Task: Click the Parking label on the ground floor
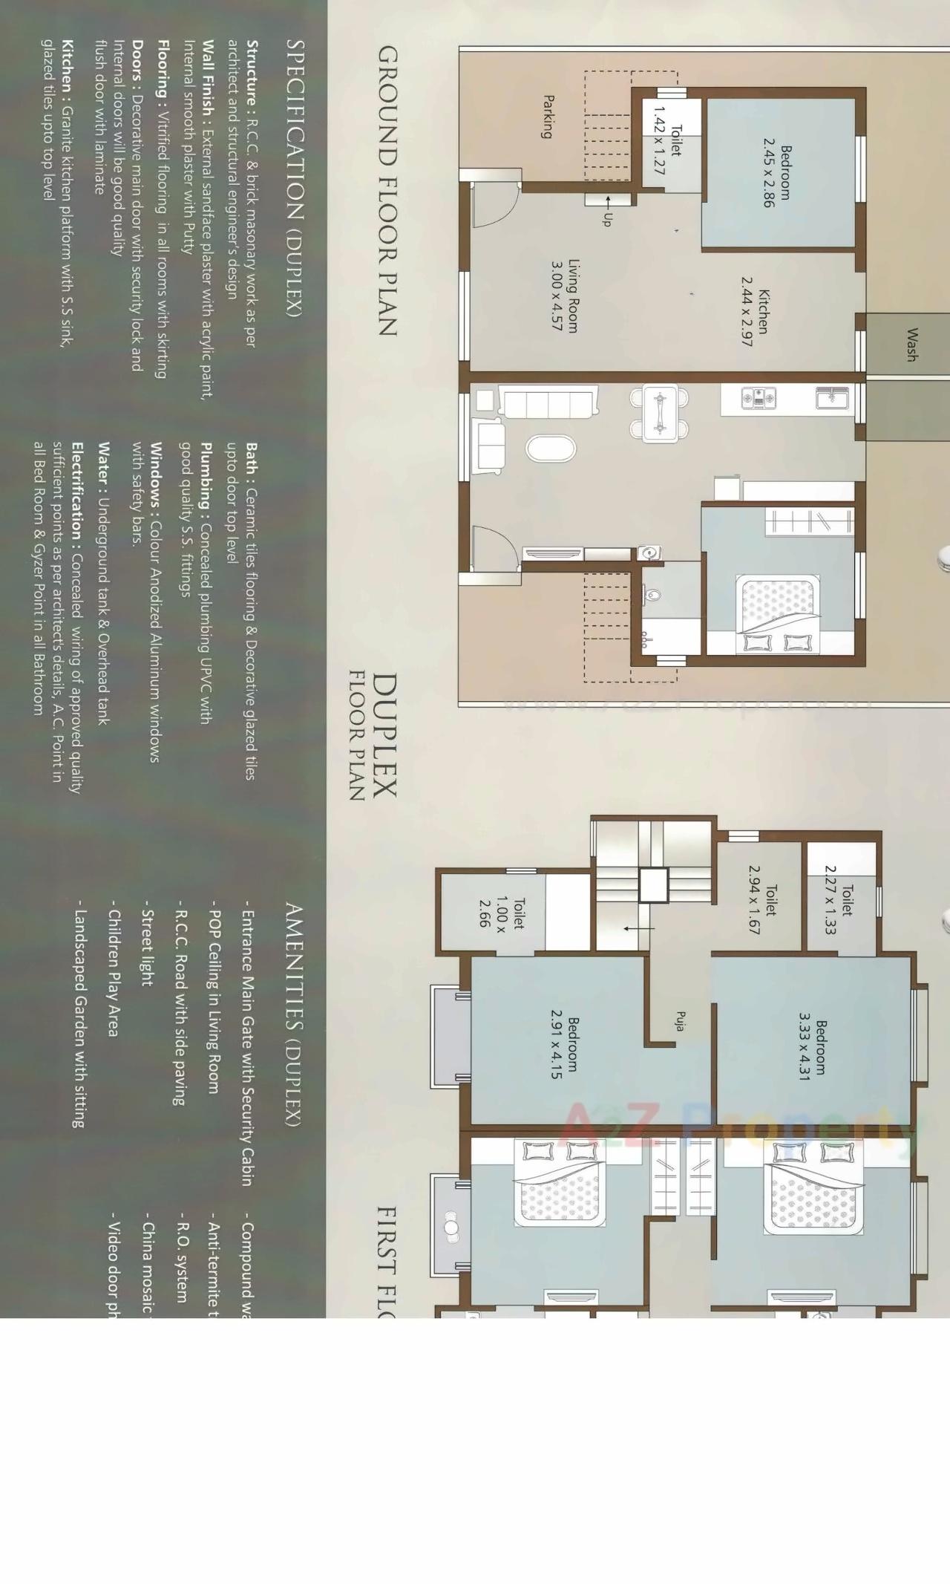[548, 117]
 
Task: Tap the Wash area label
[911, 345]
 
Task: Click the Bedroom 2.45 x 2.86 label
[777, 172]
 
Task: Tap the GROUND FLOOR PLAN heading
[387, 191]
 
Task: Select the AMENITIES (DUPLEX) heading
[294, 1015]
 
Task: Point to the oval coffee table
[550, 449]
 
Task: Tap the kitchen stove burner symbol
[759, 399]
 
